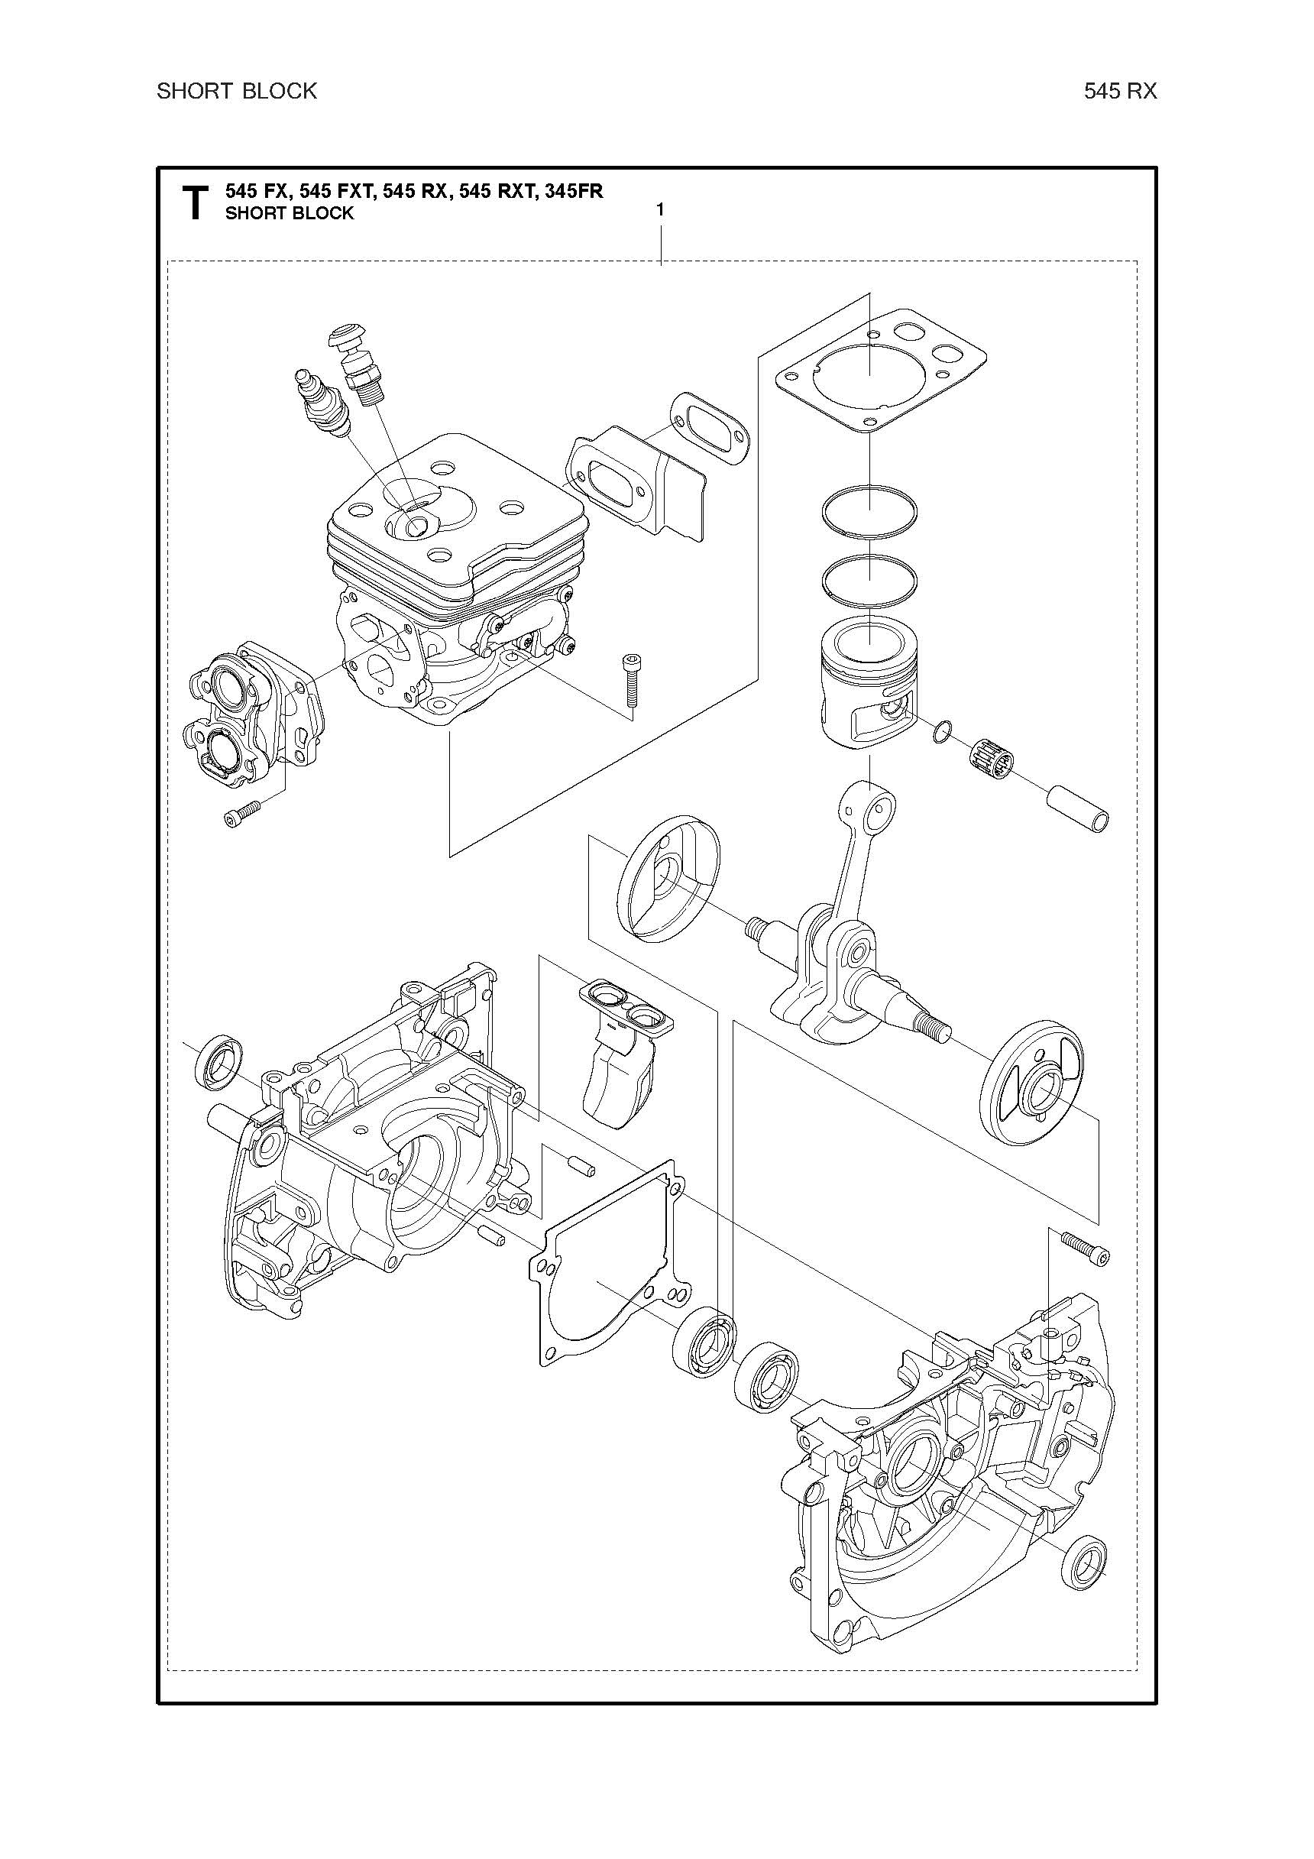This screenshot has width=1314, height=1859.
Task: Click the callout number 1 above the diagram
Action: tap(660, 209)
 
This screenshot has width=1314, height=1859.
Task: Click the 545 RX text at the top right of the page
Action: tap(1121, 92)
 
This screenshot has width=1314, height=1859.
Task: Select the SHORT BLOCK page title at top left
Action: tap(236, 92)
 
